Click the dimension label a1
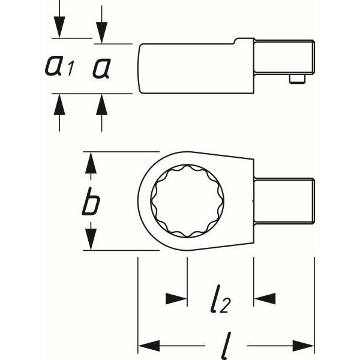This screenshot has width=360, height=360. point(59,66)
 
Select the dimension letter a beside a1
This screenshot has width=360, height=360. point(102,68)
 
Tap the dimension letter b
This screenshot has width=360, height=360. point(91,202)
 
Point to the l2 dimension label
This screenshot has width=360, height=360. point(220,299)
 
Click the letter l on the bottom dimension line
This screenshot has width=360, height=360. point(226,346)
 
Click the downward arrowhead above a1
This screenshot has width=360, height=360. point(59,26)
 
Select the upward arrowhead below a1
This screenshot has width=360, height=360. point(59,104)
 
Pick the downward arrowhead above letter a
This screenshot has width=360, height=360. point(102,32)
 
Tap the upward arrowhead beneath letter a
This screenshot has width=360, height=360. point(102,104)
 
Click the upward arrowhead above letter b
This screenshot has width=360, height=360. point(91,163)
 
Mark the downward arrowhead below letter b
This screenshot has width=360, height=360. point(91,239)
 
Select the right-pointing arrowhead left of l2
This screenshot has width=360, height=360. point(176,299)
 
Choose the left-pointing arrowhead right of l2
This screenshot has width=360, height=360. point(265,299)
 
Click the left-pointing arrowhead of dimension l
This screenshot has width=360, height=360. point(149,346)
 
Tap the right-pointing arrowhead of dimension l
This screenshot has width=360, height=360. point(303,346)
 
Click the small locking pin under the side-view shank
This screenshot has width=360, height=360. point(297,79)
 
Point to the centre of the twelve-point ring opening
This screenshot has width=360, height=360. point(187,201)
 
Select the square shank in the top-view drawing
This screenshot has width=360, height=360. point(284,201)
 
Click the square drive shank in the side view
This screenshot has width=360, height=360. point(284,57)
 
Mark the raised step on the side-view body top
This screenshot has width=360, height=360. point(244,41)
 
